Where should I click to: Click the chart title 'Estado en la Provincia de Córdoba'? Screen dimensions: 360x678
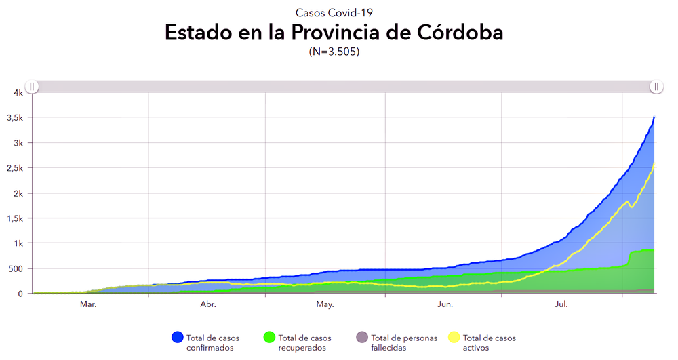pos(334,33)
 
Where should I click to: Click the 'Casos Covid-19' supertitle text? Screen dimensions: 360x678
pos(334,12)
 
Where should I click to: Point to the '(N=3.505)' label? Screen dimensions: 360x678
pos(334,52)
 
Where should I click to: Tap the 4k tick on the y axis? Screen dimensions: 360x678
pos(18,93)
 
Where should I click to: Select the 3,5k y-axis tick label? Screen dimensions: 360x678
pos(15,118)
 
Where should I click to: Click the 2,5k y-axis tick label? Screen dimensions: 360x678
pos(15,168)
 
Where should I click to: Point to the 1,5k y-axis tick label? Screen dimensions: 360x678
pos(15,218)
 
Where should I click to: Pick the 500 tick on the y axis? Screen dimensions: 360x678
pos(15,268)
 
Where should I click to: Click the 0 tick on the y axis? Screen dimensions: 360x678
pos(20,294)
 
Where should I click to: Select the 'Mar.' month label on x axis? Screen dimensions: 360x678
pos(88,305)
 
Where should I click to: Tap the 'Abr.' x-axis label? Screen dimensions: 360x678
pos(208,305)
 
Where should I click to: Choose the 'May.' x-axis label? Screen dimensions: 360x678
pos(325,305)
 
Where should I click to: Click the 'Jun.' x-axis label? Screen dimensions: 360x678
pos(445,305)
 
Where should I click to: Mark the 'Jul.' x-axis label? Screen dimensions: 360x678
pos(561,305)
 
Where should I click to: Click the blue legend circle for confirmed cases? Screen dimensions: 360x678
pos(178,337)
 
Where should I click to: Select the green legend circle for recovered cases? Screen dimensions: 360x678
pos(269,337)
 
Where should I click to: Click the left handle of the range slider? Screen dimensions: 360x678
pos(32,86)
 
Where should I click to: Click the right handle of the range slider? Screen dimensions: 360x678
pos(656,86)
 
